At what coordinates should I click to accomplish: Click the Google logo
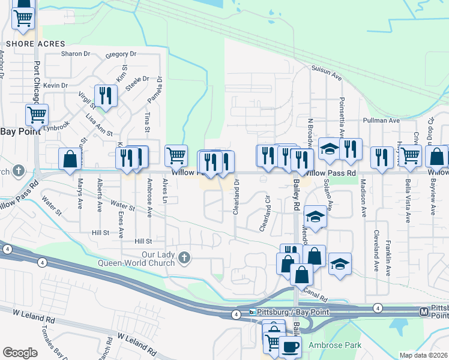tap(20, 353)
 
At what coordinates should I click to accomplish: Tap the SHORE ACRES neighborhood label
tap(28, 44)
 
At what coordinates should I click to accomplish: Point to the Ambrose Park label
tap(335, 345)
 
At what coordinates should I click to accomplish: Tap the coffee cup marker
tap(291, 346)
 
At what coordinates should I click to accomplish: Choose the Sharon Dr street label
tap(75, 53)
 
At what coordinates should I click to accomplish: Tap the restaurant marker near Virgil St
tap(106, 95)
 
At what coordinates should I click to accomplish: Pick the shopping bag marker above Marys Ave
tap(70, 159)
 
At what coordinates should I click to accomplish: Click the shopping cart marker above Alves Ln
tap(176, 155)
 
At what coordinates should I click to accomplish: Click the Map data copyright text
tap(424, 355)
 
